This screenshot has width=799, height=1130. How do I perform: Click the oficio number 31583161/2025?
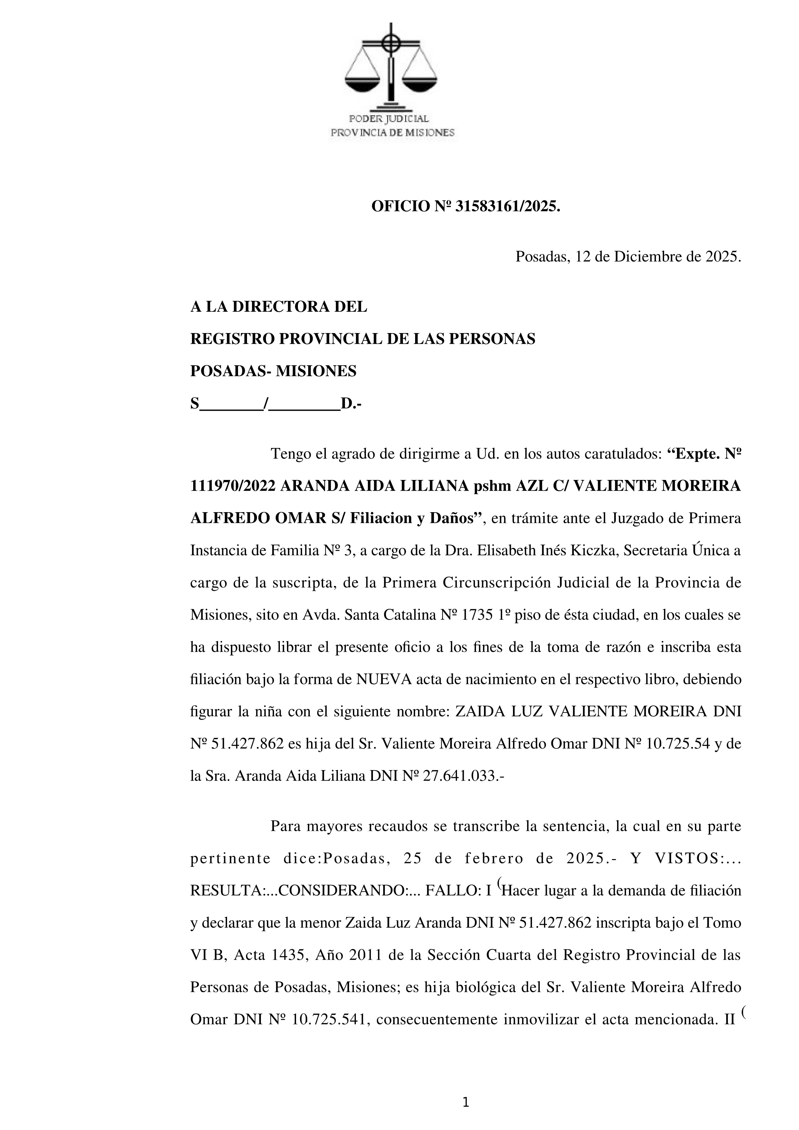pyautogui.click(x=507, y=207)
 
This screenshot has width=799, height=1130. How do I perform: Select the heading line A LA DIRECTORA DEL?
pyautogui.click(x=279, y=307)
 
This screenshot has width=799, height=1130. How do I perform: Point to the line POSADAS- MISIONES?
pyautogui.click(x=273, y=371)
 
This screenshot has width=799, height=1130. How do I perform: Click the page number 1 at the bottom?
pyautogui.click(x=466, y=1102)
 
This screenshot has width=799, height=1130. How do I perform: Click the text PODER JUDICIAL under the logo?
pyautogui.click(x=389, y=119)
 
